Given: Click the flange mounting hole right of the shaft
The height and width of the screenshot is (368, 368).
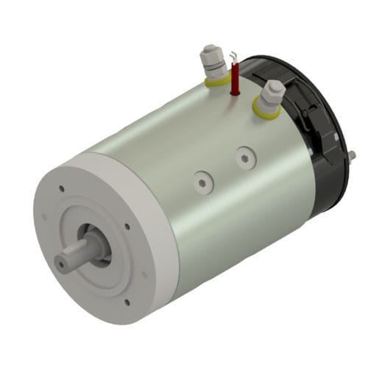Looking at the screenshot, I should point(128,227).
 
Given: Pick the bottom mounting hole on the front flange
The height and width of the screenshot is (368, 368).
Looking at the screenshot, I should point(127,302).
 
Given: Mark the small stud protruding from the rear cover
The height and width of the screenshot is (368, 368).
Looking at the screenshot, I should point(352,155).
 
